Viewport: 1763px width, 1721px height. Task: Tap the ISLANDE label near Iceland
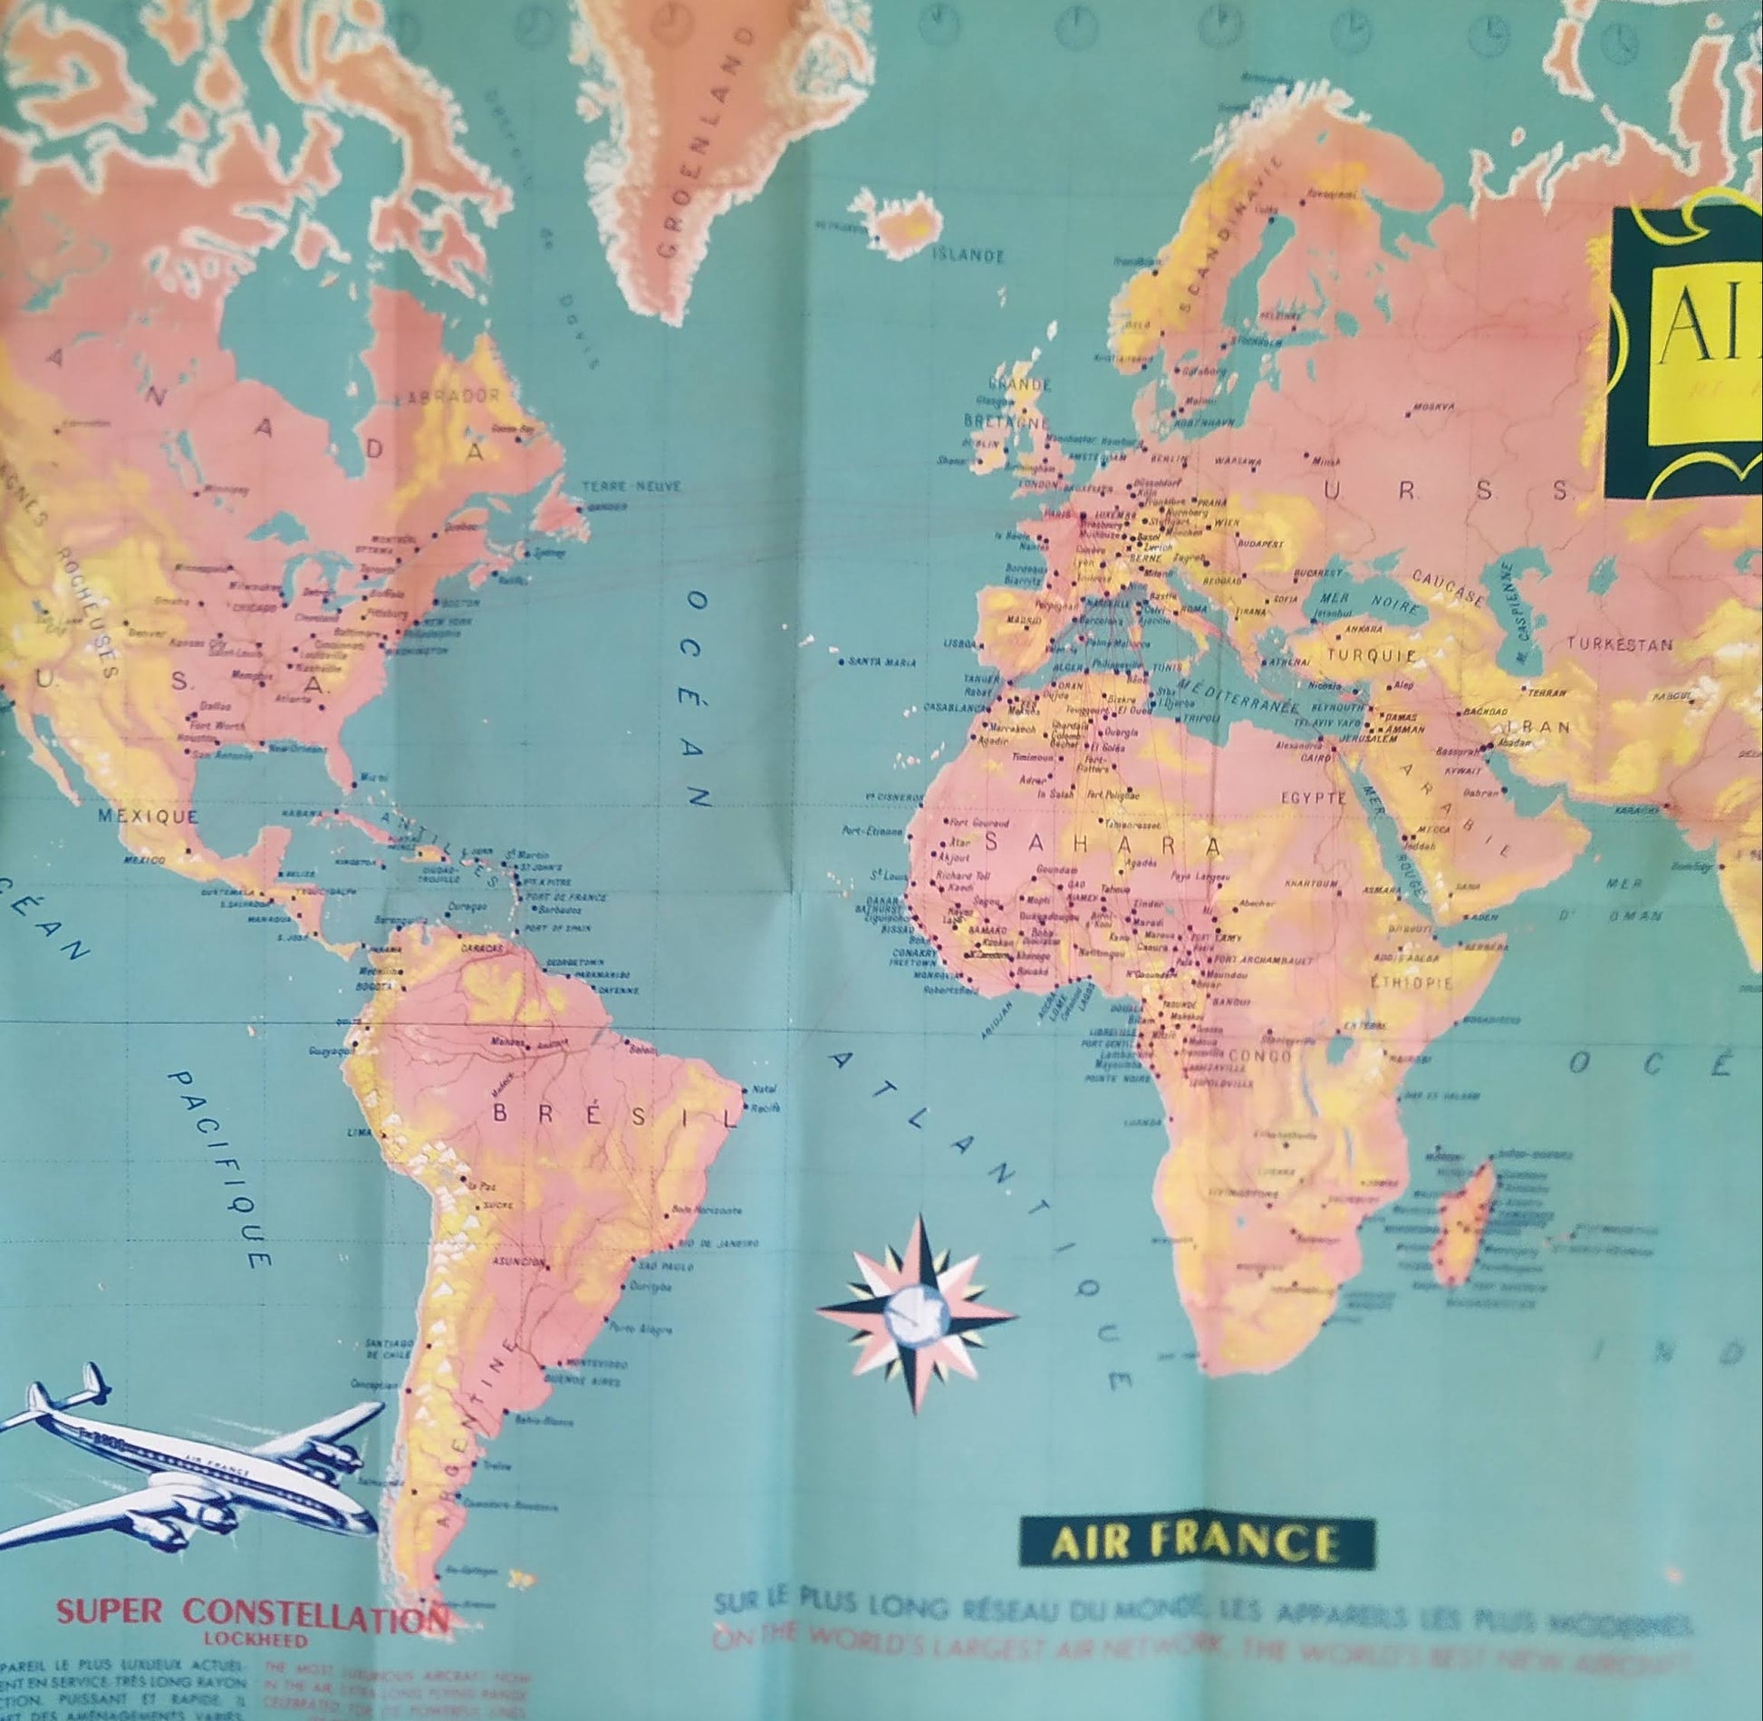[968, 256]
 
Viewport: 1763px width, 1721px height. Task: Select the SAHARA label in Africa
[1100, 844]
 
